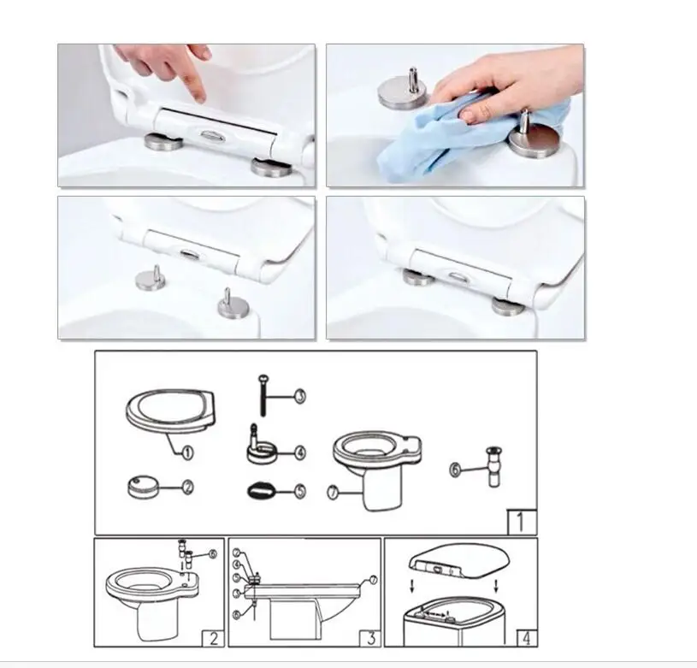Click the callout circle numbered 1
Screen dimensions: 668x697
pos(187,450)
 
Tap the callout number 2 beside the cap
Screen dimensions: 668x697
pos(187,488)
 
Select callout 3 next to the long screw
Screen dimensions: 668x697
pos(299,396)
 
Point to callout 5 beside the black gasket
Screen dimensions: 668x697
pos(299,491)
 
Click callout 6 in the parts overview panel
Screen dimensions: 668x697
pos(456,468)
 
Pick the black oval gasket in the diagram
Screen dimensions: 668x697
pos(261,492)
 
